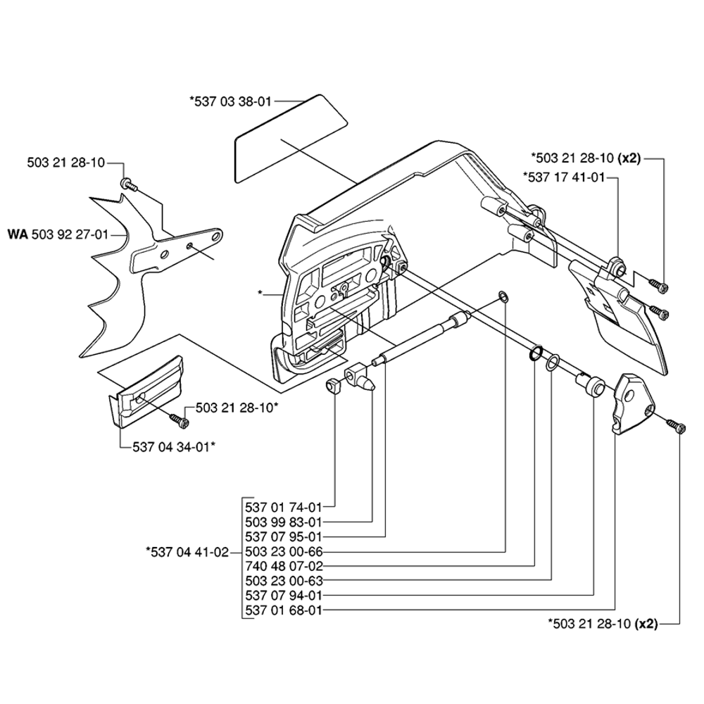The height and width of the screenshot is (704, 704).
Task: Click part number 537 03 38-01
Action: pyautogui.click(x=230, y=101)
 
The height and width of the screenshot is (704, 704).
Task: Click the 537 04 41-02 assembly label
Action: pyautogui.click(x=187, y=551)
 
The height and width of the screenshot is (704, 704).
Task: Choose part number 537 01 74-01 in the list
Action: pyautogui.click(x=283, y=506)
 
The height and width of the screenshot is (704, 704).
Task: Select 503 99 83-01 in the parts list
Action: pyautogui.click(x=283, y=521)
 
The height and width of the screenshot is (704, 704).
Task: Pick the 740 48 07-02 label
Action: pyautogui.click(x=283, y=566)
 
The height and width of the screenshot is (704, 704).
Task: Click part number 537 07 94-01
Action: pyautogui.click(x=283, y=596)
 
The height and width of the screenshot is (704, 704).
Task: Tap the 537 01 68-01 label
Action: pyautogui.click(x=283, y=610)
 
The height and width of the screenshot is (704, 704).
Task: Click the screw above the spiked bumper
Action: pyautogui.click(x=128, y=184)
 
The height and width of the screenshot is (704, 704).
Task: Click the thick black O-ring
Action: pyautogui.click(x=535, y=353)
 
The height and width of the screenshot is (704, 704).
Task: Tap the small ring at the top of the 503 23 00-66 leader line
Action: pyautogui.click(x=504, y=295)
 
